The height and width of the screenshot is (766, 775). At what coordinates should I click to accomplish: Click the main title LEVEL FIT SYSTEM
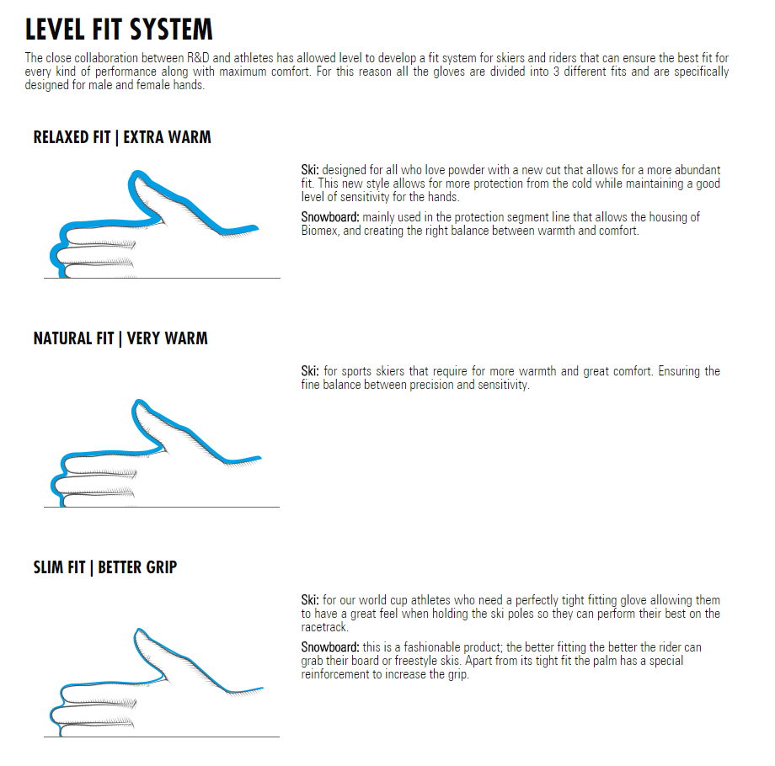click(x=119, y=29)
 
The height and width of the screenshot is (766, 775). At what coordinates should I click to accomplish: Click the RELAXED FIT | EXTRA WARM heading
click(x=122, y=137)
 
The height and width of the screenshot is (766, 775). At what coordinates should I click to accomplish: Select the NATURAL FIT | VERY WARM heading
click(x=120, y=338)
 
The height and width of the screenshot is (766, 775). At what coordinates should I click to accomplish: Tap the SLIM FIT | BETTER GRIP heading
click(x=105, y=567)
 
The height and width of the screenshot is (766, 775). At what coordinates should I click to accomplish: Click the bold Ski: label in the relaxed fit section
click(x=310, y=170)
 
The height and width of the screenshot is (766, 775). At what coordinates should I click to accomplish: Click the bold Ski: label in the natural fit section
click(x=310, y=371)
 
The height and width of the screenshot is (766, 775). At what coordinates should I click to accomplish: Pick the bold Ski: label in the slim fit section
click(x=310, y=600)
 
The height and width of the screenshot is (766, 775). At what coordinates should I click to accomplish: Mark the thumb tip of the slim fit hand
click(x=140, y=632)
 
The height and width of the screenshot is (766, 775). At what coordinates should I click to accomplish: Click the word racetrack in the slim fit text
click(x=324, y=627)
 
